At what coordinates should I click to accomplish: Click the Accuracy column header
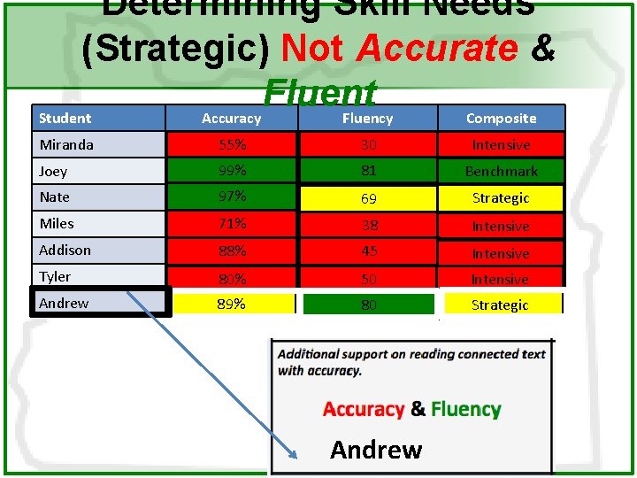coord(231,118)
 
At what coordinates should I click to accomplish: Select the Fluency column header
coord(367,118)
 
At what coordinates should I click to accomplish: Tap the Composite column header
coord(501,118)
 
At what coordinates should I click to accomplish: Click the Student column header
coord(65,118)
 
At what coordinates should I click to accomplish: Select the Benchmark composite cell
coord(501,171)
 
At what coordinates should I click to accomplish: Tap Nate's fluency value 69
coord(367,197)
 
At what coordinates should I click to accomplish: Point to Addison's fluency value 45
coord(367,251)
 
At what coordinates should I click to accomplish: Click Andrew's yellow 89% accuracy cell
coord(231,304)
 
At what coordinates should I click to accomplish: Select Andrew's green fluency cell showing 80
coord(368,304)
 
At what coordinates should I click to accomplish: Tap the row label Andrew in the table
coord(65,303)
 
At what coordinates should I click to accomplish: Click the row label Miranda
coord(66,144)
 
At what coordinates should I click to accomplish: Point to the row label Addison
coord(65,251)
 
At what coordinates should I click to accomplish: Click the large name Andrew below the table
coord(376,450)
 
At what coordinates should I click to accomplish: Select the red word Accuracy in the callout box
coord(364,409)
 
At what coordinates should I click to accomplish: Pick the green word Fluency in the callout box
coord(466,409)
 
